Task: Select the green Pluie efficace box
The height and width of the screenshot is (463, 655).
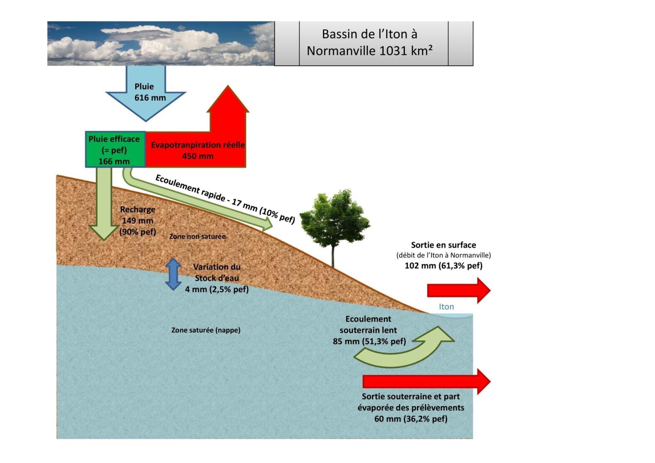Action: [115, 149]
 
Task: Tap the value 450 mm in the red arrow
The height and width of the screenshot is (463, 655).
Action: [197, 156]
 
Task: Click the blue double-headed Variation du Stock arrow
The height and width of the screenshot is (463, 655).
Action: [173, 274]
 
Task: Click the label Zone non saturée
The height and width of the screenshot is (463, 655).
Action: [197, 236]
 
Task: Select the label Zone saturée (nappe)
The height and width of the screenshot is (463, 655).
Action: [206, 330]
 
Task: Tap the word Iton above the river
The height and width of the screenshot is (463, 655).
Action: [446, 307]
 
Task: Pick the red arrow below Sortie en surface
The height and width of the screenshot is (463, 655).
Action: [458, 290]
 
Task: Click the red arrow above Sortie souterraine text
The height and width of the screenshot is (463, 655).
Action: [426, 381]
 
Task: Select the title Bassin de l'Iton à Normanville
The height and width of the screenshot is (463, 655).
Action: [370, 42]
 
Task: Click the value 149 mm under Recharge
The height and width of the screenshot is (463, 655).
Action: [137, 220]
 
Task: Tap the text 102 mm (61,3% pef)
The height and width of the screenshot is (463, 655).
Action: [443, 265]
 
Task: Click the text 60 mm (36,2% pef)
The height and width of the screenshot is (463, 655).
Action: [411, 418]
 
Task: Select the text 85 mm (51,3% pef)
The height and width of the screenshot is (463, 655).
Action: [369, 341]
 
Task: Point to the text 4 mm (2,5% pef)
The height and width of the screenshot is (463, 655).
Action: [217, 289]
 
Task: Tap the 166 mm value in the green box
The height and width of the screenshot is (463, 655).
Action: [114, 161]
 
